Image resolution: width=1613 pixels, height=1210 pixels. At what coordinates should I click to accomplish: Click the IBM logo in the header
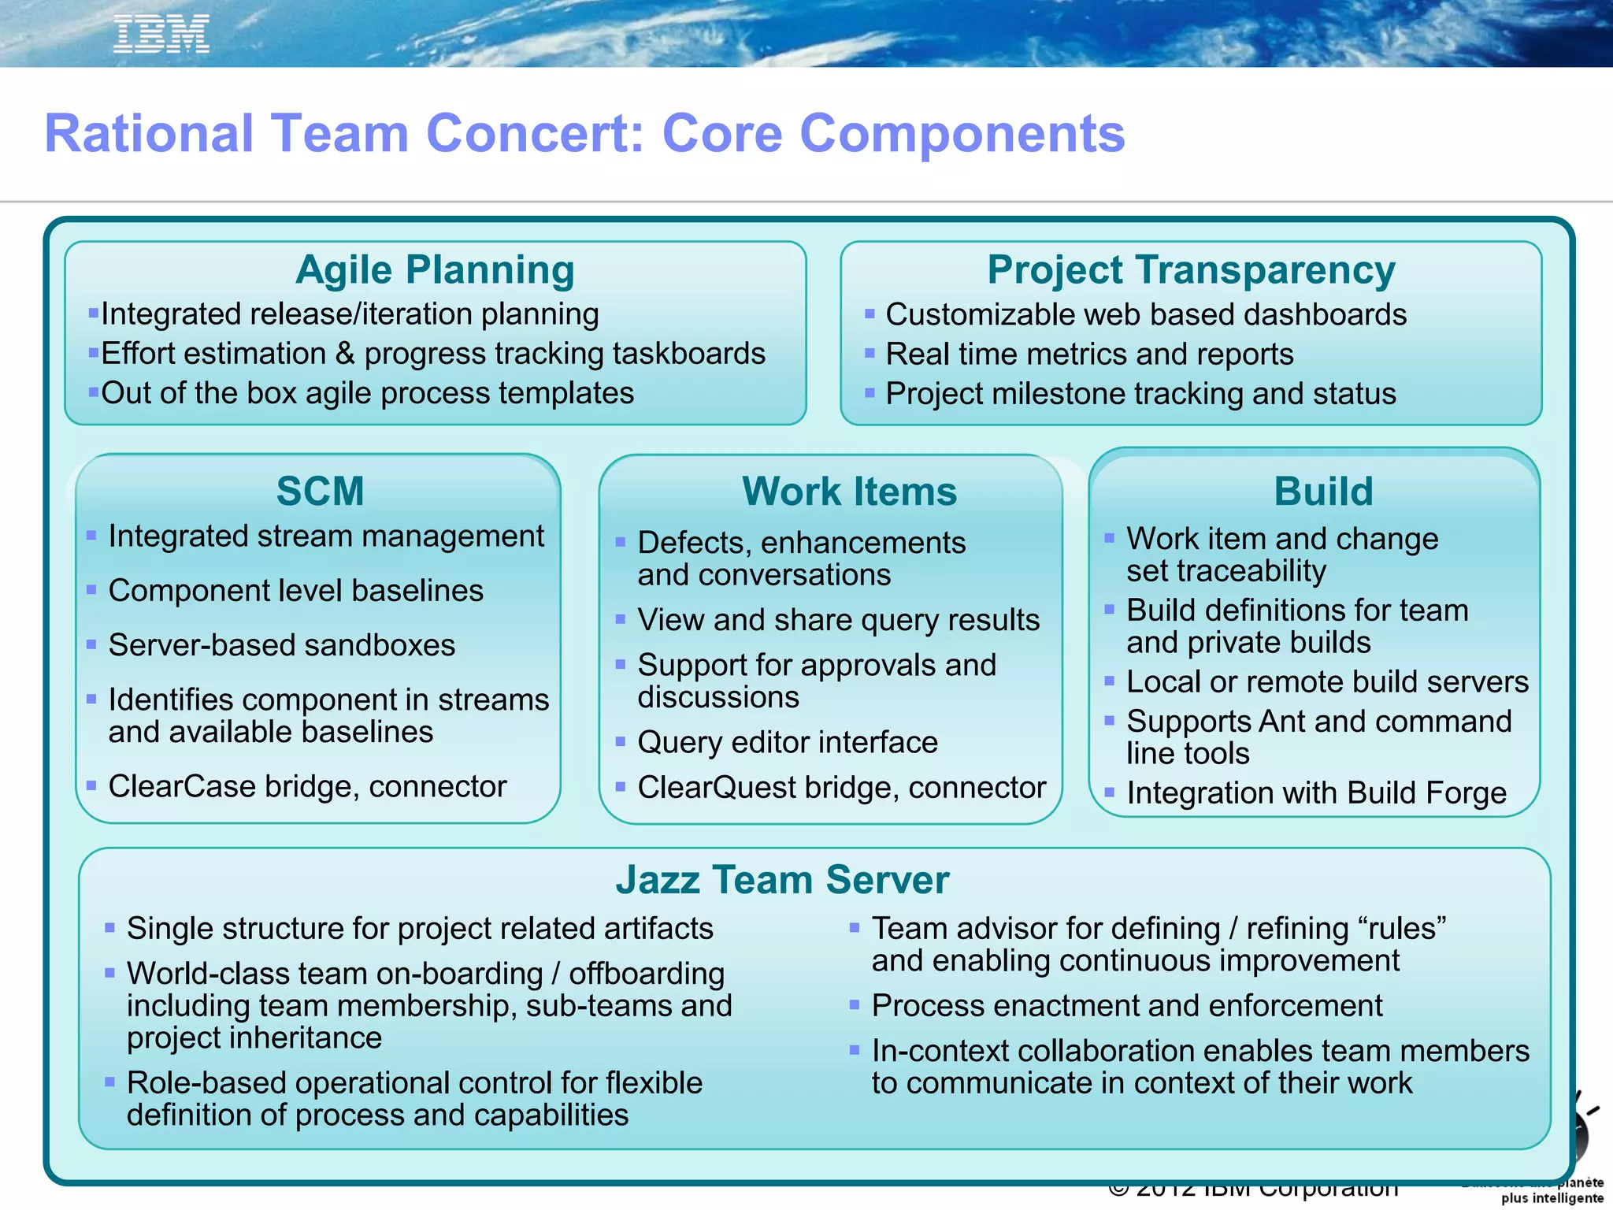[161, 34]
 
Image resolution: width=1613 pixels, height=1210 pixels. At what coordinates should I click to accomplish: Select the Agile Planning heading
[435, 269]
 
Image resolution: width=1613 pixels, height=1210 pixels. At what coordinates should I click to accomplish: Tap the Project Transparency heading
[1191, 269]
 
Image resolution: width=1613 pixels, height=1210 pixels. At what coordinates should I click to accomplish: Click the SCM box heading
[320, 491]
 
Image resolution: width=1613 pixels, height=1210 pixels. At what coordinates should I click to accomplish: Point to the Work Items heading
[849, 491]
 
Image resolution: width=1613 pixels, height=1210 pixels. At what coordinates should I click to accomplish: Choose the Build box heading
[1323, 491]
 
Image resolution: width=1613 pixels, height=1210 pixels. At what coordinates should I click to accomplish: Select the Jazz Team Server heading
[782, 879]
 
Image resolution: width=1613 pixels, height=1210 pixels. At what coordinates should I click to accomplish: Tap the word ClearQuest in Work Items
[716, 788]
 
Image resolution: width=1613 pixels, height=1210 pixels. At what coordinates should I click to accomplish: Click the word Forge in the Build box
[1464, 793]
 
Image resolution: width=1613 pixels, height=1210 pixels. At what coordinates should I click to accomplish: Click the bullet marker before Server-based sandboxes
[91, 644]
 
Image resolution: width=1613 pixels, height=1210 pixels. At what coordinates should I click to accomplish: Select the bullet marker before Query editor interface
[621, 741]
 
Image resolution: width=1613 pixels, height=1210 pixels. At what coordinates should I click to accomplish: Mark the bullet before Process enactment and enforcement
[854, 1004]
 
